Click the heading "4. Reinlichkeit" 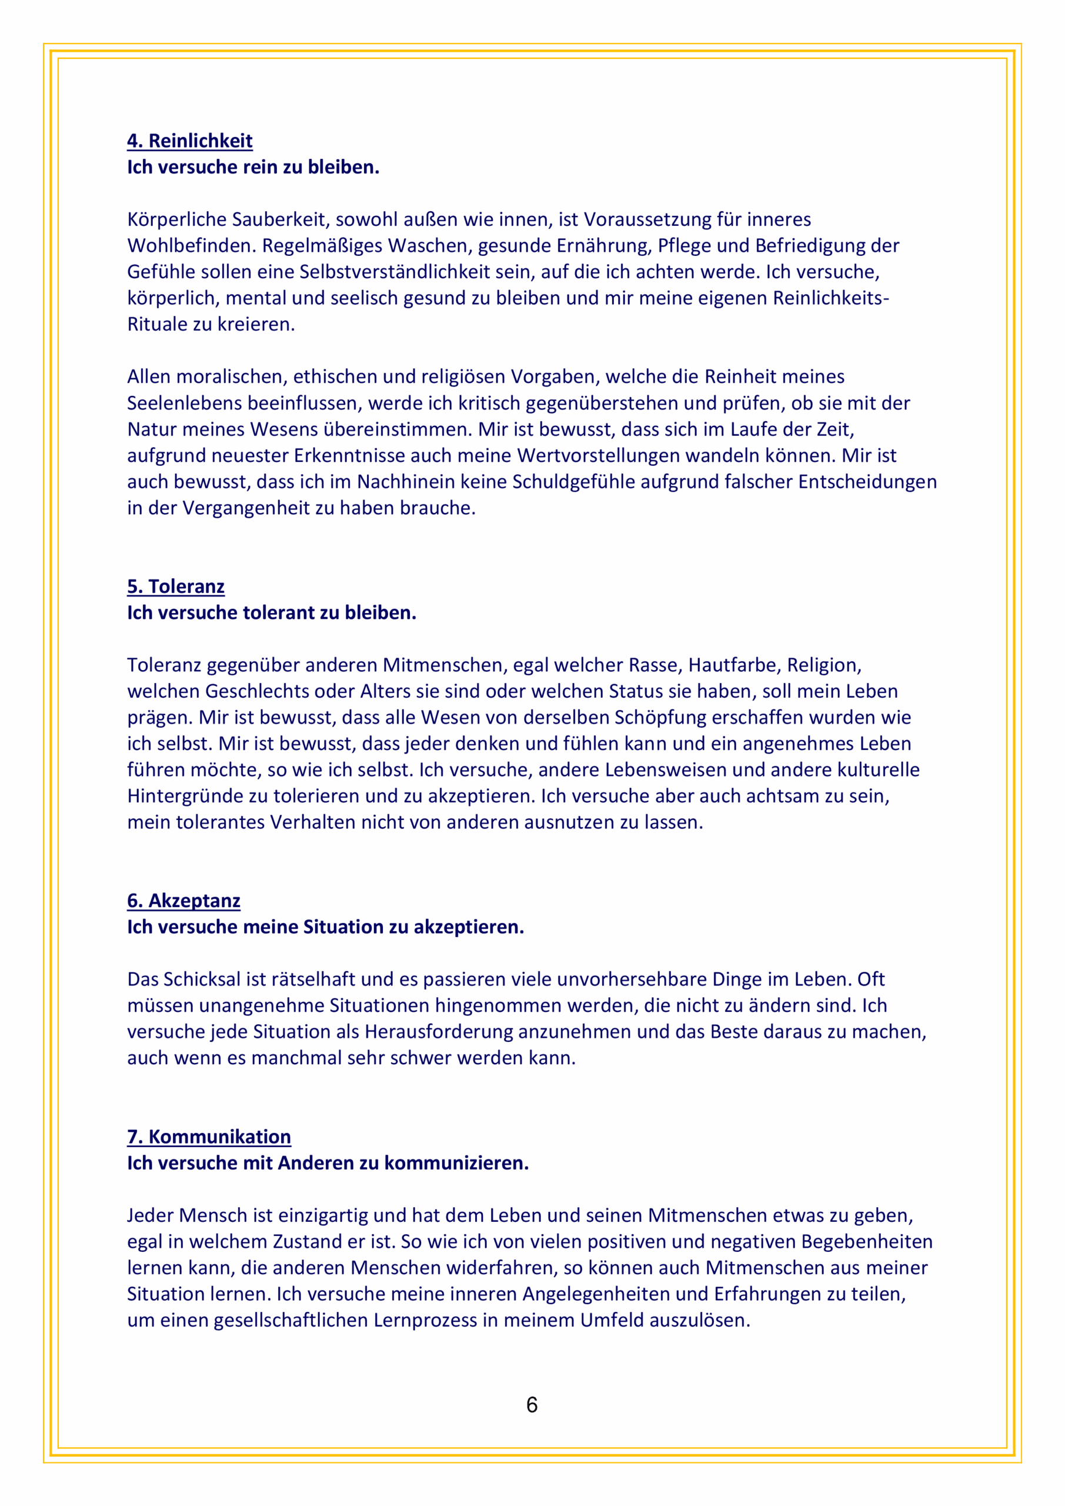click(189, 141)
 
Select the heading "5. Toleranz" click(176, 587)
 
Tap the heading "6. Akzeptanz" click(183, 901)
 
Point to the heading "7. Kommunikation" click(209, 1137)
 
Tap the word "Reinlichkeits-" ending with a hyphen click(831, 298)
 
